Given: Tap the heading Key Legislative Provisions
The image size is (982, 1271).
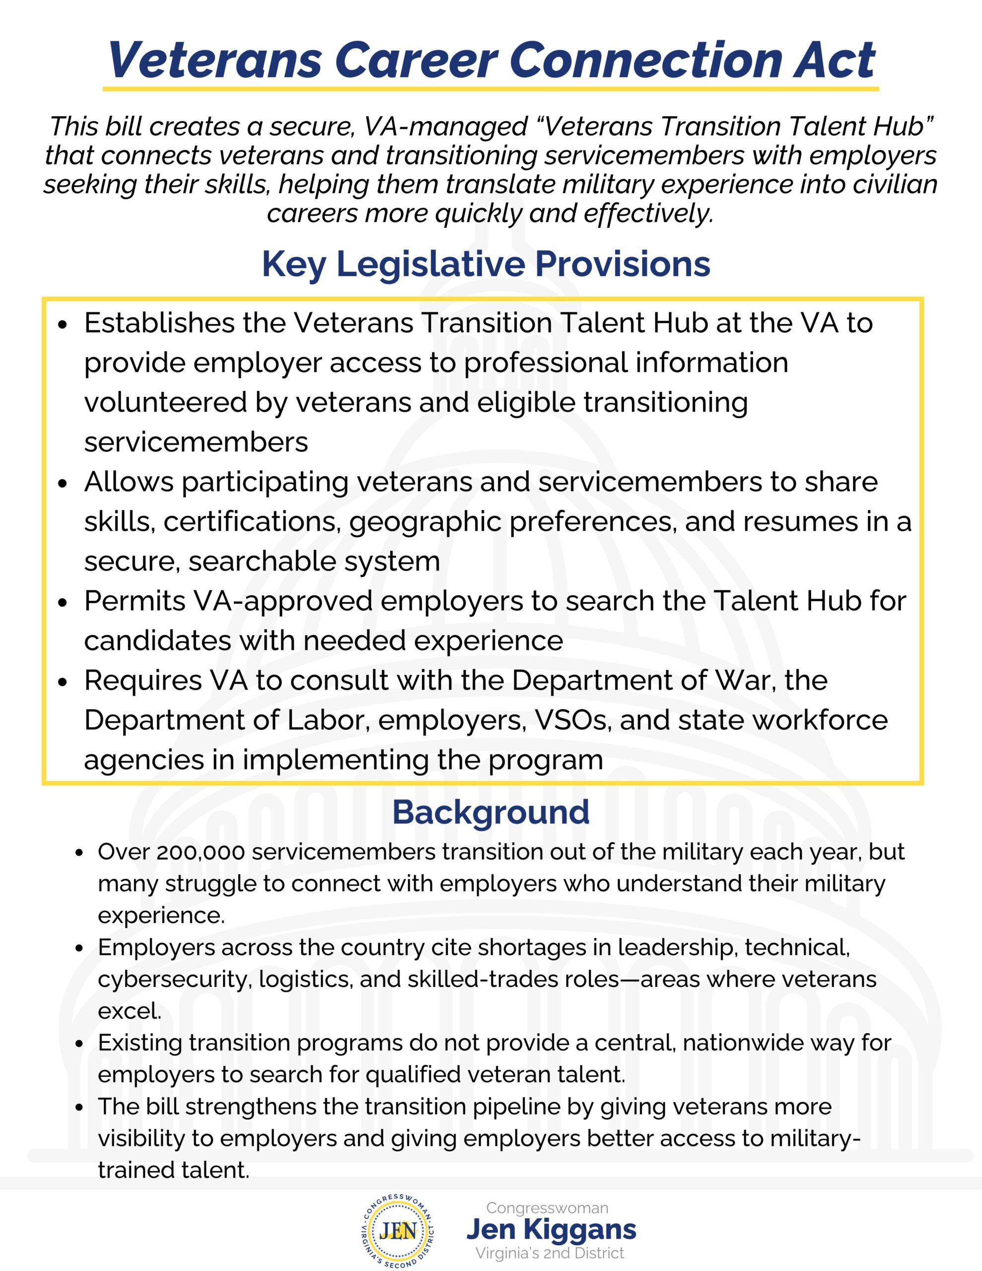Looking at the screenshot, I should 486,264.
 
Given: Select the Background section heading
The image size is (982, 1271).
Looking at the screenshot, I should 491,812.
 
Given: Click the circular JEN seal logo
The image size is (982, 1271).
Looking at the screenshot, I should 399,1230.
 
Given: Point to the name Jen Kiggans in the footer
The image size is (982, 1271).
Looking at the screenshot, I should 551,1229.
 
